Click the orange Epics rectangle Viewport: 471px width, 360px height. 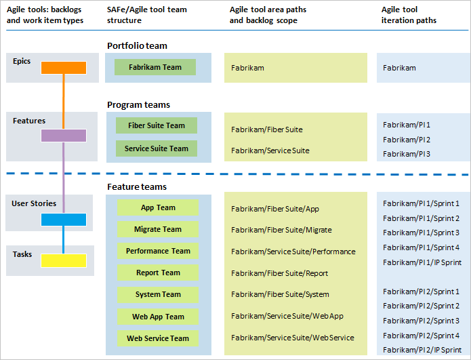pyautogui.click(x=64, y=68)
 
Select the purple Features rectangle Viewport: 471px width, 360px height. pyautogui.click(x=64, y=135)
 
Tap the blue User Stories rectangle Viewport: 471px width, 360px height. pyautogui.click(x=64, y=220)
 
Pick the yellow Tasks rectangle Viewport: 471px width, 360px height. pyautogui.click(x=64, y=260)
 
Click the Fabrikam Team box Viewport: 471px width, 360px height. pyautogui.click(x=155, y=67)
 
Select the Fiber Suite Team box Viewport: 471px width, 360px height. pyautogui.click(x=157, y=125)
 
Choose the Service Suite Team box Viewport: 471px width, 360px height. pyautogui.click(x=157, y=148)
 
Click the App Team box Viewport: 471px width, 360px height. pyautogui.click(x=158, y=207)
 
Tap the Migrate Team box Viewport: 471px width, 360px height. pyautogui.click(x=158, y=229)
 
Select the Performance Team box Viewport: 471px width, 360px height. pyautogui.click(x=158, y=251)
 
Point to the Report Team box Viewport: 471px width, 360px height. pyautogui.click(x=158, y=273)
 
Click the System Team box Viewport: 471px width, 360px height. pyautogui.click(x=158, y=294)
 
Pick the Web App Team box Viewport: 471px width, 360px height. pyautogui.click(x=158, y=317)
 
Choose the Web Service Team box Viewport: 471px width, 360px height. pyautogui.click(x=158, y=338)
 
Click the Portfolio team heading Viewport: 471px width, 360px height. pyautogui.click(x=137, y=46)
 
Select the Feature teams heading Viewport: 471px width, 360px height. pyautogui.click(x=136, y=186)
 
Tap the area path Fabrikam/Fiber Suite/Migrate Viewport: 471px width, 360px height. pyautogui.click(x=281, y=231)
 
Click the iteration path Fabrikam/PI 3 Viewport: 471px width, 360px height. pyautogui.click(x=407, y=154)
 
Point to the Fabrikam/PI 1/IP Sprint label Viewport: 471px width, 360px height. pyautogui.click(x=421, y=262)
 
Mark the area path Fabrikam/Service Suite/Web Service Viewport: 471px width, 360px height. pyautogui.click(x=292, y=338)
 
